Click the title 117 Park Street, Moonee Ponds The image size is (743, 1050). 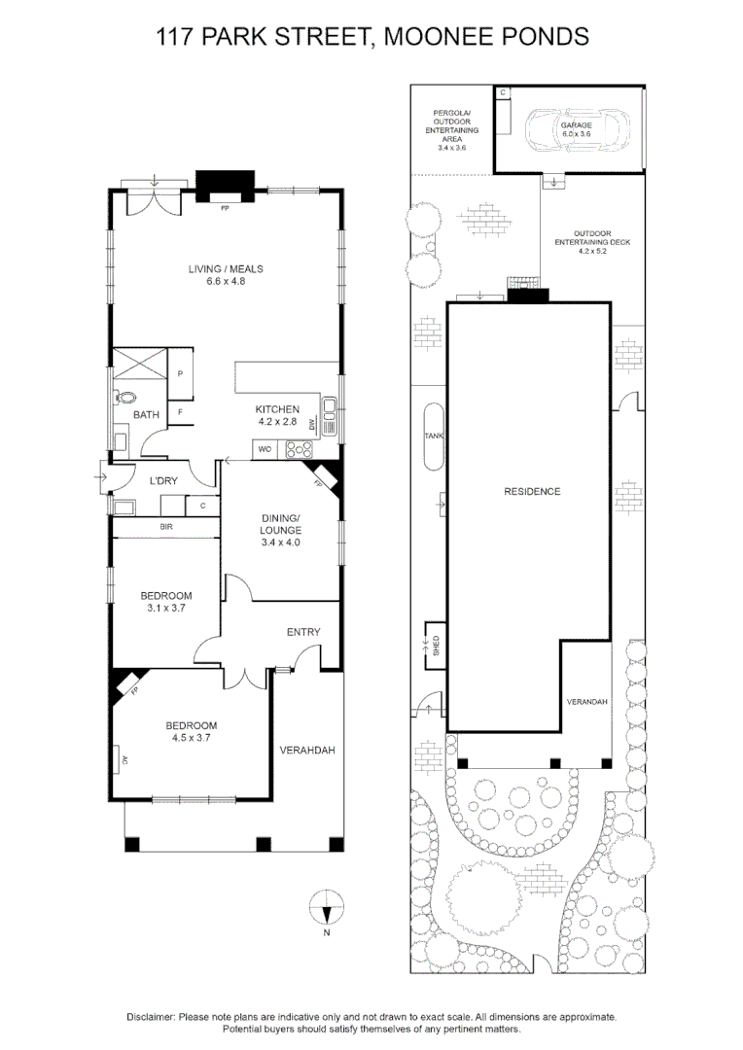(372, 37)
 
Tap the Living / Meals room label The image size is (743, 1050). (226, 269)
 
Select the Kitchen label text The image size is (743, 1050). (277, 409)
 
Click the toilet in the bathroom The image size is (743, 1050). (126, 398)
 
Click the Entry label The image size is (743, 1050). (303, 632)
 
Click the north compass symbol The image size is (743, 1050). (328, 911)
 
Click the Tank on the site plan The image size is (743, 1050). (434, 437)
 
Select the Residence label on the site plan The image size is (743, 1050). (532, 491)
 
